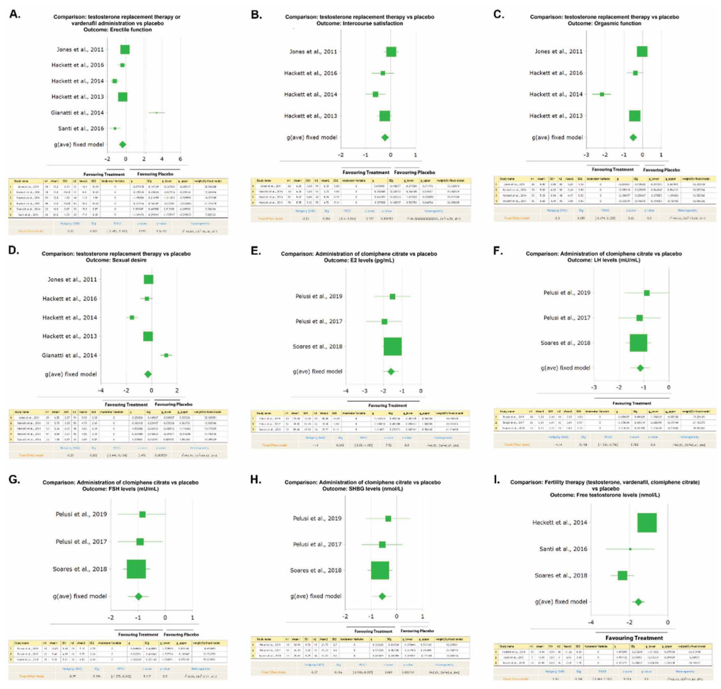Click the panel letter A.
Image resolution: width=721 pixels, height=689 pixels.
tap(15, 14)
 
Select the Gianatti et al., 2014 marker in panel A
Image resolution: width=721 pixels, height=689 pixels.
tap(157, 113)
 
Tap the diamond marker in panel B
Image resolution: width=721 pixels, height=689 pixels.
tap(385, 137)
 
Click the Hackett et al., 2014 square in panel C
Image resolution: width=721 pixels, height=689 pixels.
tap(602, 94)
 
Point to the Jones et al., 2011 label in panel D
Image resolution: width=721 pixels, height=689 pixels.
tap(72, 280)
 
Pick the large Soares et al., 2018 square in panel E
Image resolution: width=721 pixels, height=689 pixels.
tap(392, 346)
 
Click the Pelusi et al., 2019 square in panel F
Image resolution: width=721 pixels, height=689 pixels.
tap(647, 293)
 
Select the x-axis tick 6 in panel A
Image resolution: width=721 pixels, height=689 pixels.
tap(180, 159)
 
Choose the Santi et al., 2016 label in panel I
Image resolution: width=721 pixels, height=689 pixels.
tap(563, 549)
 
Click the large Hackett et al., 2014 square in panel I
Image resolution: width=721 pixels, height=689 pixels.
tap(647, 522)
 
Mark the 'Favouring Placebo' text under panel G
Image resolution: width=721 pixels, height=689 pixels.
tap(181, 634)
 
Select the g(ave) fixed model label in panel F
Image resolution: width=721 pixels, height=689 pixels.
tap(565, 368)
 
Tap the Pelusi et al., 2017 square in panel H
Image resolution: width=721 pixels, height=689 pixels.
tap(382, 544)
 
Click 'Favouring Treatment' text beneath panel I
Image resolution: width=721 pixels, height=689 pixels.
tap(634, 638)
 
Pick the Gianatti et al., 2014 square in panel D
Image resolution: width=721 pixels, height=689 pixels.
tap(166, 355)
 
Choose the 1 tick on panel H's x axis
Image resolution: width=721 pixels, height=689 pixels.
tap(422, 616)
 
